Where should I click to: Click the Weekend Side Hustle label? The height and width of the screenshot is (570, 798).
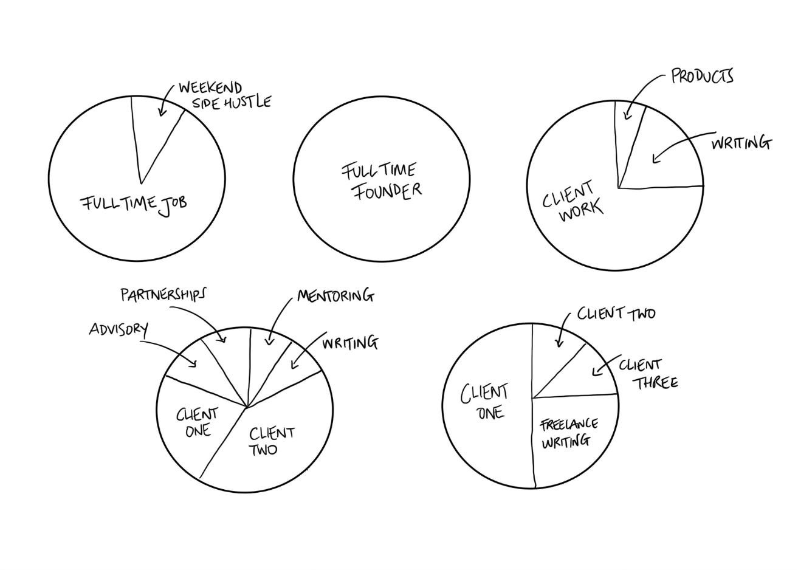coord(224,95)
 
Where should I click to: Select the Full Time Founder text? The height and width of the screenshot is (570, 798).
coord(380,180)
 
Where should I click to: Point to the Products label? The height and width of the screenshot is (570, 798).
coord(702,77)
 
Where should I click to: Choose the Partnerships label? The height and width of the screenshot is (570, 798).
coord(163,295)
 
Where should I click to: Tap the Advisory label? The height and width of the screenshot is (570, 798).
coord(118,329)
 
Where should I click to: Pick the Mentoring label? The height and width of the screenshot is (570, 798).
coord(335,296)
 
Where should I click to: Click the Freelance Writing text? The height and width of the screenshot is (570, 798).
coord(568,432)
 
